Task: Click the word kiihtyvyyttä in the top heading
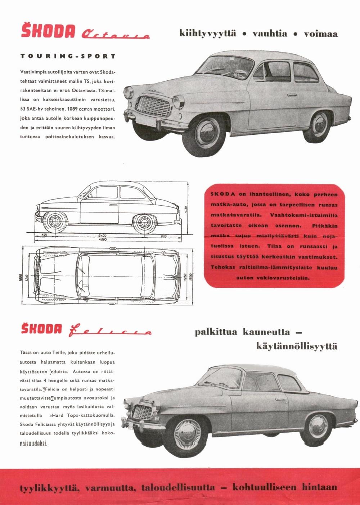tap(208, 34)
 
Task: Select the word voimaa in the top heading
tap(321, 34)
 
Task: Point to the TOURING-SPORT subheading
tap(68, 56)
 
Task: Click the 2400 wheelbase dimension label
tap(102, 235)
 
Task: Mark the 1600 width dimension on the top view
tap(21, 278)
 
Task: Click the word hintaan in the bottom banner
tap(319, 487)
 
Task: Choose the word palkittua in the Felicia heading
tap(216, 331)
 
